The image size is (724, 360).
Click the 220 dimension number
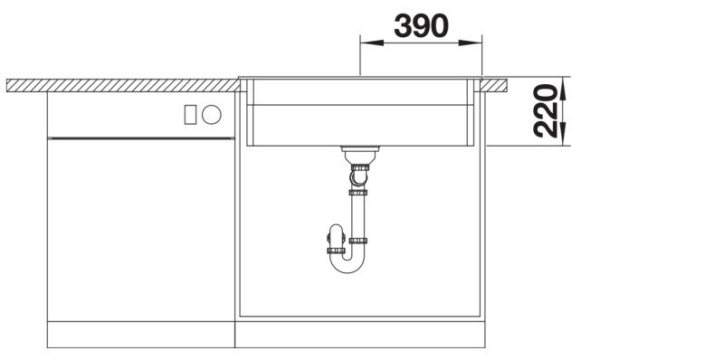(x=545, y=110)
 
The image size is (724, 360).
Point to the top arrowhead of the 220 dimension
(x=563, y=84)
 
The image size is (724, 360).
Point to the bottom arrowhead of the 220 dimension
(x=563, y=139)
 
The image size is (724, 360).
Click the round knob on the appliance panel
(x=212, y=114)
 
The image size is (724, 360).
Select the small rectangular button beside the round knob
(x=190, y=114)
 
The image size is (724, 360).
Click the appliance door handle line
(x=140, y=138)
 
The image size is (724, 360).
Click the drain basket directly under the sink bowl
(x=358, y=153)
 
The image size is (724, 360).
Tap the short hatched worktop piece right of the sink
(x=496, y=85)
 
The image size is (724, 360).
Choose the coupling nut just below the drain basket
(x=359, y=166)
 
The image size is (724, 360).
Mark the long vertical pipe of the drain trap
(x=359, y=217)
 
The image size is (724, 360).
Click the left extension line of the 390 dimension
(x=360, y=56)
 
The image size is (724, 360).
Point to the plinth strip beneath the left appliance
(x=140, y=337)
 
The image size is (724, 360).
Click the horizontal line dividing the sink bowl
(x=362, y=106)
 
